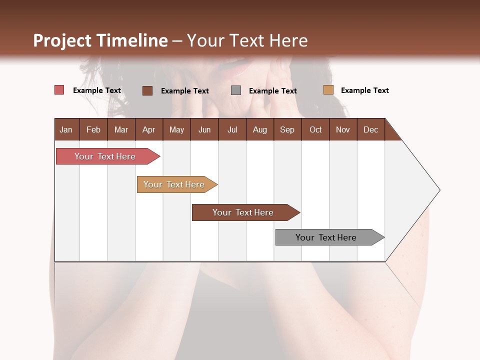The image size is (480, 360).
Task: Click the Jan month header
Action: [66, 129]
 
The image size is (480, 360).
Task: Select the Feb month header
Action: [93, 129]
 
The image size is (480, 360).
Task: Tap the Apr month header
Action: [148, 129]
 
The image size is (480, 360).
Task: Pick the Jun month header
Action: [204, 129]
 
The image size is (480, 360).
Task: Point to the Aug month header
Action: [259, 129]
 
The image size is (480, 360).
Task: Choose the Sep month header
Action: [287, 129]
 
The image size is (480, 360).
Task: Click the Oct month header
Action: [315, 129]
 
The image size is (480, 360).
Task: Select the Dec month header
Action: [370, 129]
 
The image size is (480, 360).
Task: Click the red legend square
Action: [59, 90]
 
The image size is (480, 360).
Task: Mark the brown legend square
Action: [147, 90]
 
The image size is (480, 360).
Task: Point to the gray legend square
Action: [236, 90]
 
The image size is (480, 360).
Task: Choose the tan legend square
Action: [328, 90]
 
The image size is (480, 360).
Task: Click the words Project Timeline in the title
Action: [100, 40]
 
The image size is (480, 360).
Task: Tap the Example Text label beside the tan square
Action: [364, 90]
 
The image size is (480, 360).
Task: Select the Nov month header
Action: [343, 129]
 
